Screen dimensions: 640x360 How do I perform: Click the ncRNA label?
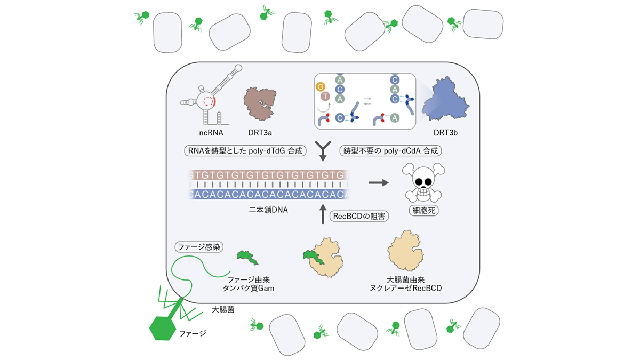tap(211, 133)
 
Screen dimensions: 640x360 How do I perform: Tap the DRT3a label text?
tap(260, 133)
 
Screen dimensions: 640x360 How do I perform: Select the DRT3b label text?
tap(445, 133)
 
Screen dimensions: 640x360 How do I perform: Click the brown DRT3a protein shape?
tap(260, 103)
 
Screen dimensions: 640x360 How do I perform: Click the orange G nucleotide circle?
tap(321, 87)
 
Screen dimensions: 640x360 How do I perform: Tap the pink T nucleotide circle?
tap(325, 97)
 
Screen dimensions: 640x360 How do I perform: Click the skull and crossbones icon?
tap(423, 182)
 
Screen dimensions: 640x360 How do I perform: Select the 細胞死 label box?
tap(423, 211)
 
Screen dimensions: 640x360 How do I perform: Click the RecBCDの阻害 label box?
tap(359, 217)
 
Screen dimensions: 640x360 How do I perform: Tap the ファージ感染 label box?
tap(199, 247)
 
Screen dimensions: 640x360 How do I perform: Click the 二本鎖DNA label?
tap(268, 210)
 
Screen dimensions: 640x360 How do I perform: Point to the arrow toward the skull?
tap(379, 182)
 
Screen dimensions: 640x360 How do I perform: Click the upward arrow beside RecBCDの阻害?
tap(323, 214)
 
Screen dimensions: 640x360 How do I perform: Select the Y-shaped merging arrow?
tap(323, 151)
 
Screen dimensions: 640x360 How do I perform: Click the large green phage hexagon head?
tap(163, 329)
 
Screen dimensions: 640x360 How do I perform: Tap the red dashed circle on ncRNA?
tap(209, 101)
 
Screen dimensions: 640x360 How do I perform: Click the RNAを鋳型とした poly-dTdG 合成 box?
tap(245, 150)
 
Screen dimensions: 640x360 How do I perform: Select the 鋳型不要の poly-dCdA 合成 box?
tap(390, 150)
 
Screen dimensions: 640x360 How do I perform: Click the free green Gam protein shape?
tap(247, 258)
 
